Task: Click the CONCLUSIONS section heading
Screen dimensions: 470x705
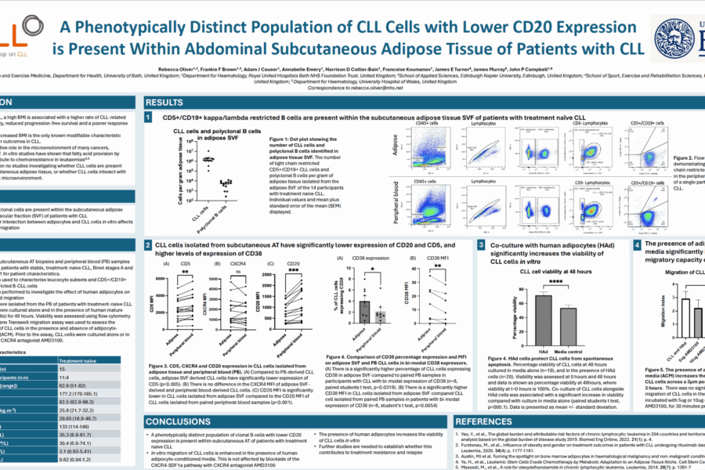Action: click(x=181, y=421)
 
